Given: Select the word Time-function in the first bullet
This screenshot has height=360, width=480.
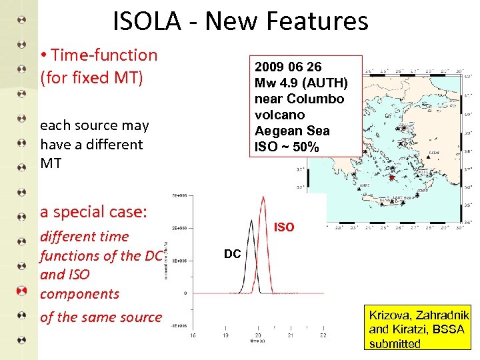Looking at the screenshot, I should pos(104,55).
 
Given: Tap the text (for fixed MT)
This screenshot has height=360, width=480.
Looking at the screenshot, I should pos(91,77).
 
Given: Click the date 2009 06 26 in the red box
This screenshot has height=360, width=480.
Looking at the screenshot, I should pos(288,67).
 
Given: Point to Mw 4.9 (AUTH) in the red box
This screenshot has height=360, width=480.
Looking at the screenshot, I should pos(301,83).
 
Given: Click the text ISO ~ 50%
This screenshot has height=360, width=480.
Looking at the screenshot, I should pos(287,147).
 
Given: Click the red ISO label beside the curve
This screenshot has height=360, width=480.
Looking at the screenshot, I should pos(284,227).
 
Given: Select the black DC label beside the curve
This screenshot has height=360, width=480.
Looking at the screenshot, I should pos(232,254).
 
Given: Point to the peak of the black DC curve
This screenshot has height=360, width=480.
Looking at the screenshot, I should pos(251,220).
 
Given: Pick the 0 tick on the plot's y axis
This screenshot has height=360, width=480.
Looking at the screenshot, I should pos(185,293).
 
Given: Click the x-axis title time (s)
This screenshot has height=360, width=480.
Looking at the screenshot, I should pos(257,341).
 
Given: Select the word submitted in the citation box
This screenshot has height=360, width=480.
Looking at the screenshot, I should pos(395,344).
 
